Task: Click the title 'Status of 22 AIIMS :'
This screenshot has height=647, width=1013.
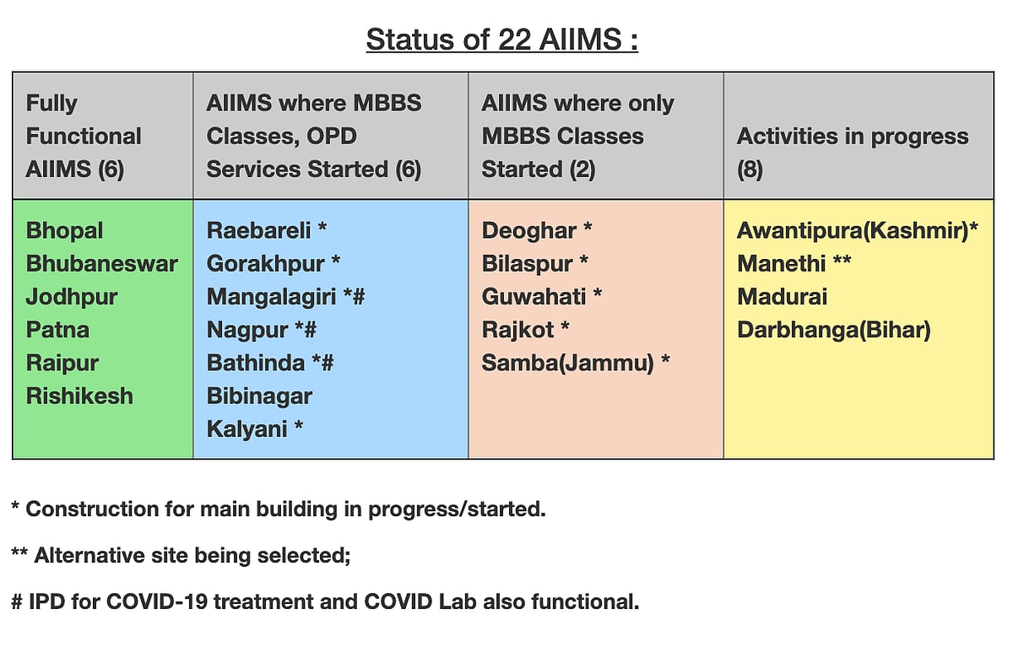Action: (x=501, y=40)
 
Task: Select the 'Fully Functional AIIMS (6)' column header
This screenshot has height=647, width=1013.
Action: (x=84, y=136)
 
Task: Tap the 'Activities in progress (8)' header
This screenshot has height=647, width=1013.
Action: (x=852, y=137)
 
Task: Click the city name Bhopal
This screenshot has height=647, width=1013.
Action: (x=64, y=230)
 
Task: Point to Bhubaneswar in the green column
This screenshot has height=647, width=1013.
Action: (x=101, y=263)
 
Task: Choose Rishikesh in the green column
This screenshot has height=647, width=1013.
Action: (x=79, y=396)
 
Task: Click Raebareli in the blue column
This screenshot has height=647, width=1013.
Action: (x=259, y=230)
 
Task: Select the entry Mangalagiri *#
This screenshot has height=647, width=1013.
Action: (x=285, y=296)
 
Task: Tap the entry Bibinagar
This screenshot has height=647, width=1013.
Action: (x=259, y=396)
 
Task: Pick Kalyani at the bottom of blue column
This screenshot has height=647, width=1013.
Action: (x=247, y=429)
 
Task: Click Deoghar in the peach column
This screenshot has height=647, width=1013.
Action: (x=529, y=230)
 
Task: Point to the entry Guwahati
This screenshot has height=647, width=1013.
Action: (x=534, y=296)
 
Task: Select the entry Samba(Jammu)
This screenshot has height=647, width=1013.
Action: (x=568, y=363)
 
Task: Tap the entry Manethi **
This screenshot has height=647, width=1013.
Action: (x=794, y=263)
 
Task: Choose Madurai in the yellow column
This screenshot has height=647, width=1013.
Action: (x=782, y=296)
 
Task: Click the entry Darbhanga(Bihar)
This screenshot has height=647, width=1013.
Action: (x=833, y=330)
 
